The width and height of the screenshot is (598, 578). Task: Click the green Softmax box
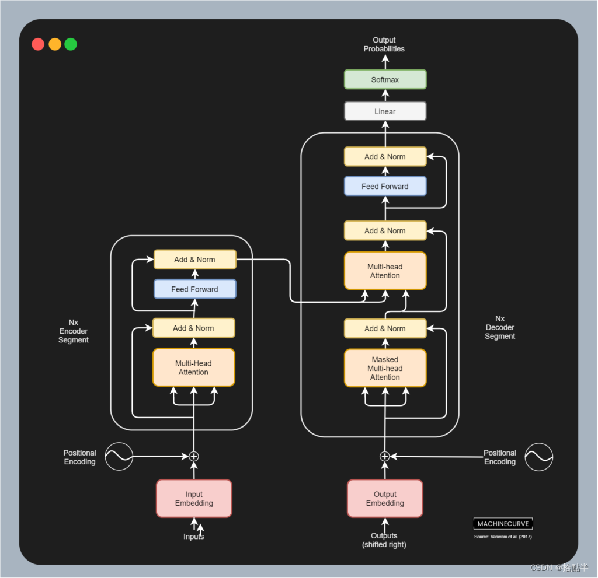click(385, 79)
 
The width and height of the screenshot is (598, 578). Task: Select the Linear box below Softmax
click(385, 111)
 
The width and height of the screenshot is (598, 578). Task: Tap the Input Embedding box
click(194, 499)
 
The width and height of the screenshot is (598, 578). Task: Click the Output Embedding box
click(385, 499)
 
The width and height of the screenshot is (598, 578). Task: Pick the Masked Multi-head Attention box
click(385, 368)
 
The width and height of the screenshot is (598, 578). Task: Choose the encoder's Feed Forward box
click(194, 289)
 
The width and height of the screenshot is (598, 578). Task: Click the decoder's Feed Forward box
click(385, 186)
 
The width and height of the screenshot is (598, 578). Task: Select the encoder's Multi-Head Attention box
click(193, 367)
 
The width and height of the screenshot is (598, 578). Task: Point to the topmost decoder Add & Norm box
click(385, 156)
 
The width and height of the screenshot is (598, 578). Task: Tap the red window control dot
click(38, 44)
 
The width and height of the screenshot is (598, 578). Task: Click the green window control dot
click(71, 44)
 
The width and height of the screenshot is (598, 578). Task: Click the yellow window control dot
click(54, 44)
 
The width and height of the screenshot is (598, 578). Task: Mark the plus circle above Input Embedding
click(194, 456)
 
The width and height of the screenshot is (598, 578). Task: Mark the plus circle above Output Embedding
click(384, 456)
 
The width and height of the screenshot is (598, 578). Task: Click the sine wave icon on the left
click(119, 457)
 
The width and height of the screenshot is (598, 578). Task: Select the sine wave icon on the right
click(538, 457)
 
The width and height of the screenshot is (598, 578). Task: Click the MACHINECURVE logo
click(503, 524)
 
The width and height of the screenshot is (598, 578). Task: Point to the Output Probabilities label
click(384, 44)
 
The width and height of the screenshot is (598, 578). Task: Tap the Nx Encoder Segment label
click(74, 331)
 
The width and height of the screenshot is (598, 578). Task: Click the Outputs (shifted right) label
click(384, 540)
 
